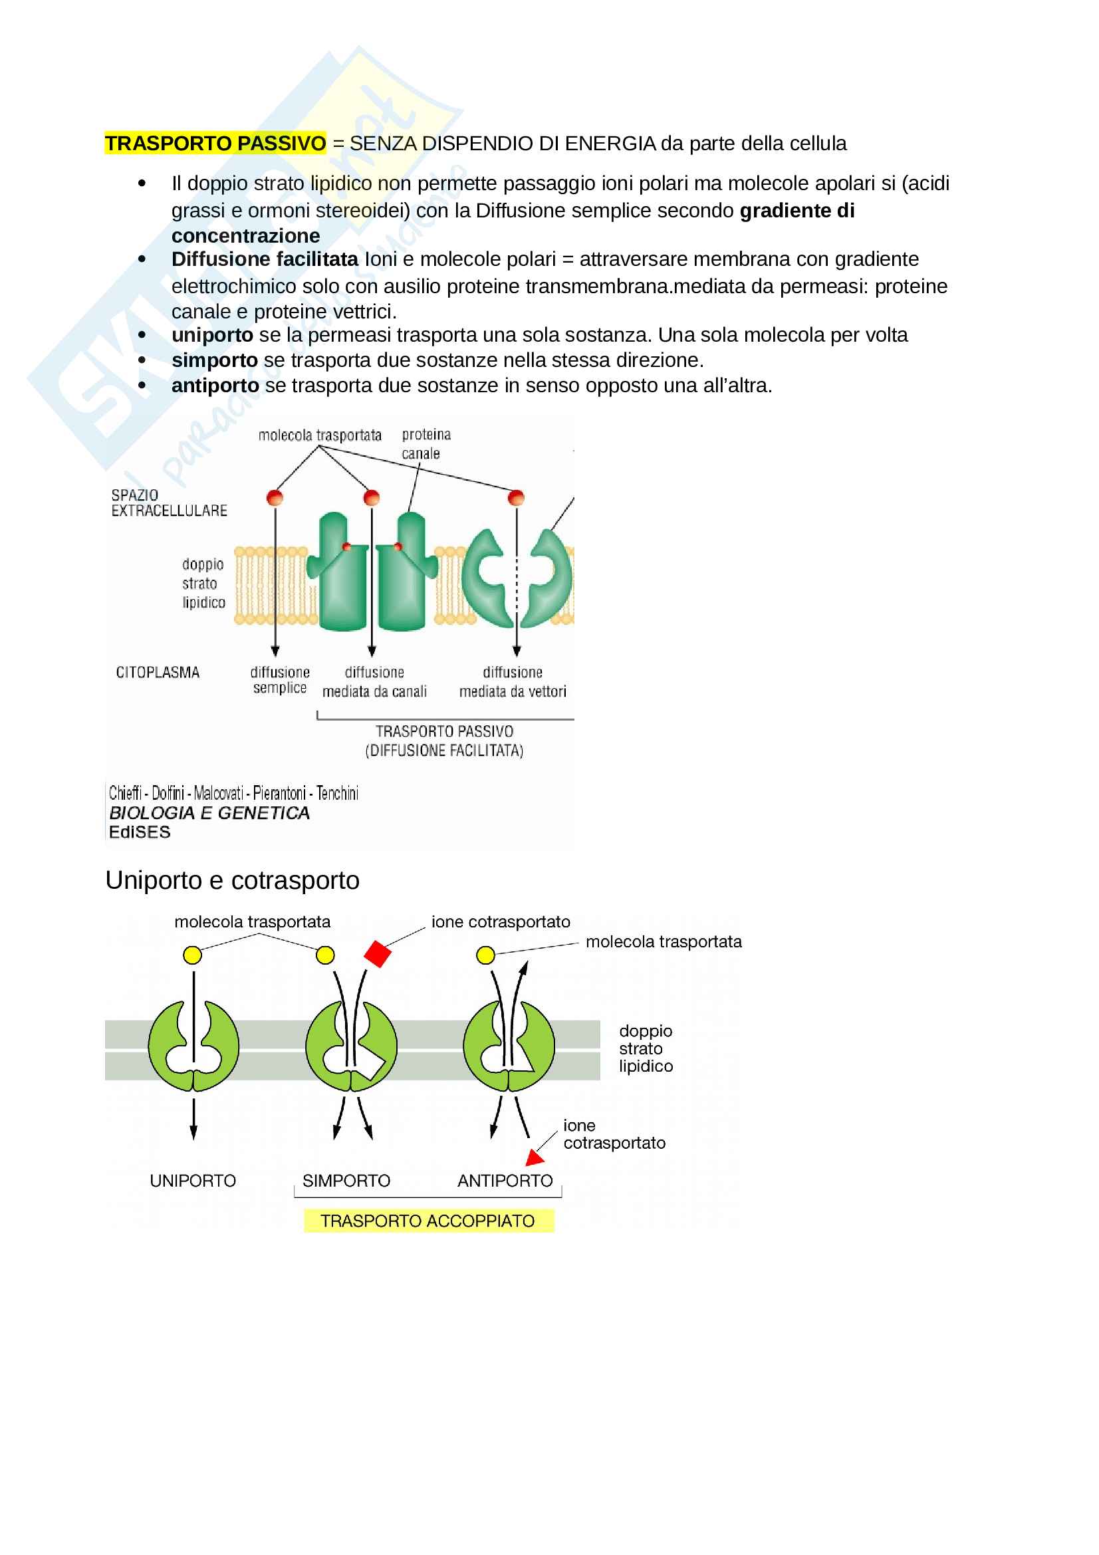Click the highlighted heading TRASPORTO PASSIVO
(x=215, y=144)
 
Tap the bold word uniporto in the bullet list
(x=212, y=335)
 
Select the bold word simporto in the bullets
(x=215, y=360)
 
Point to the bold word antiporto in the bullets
(x=215, y=386)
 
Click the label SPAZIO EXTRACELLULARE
(x=169, y=503)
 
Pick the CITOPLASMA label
(x=158, y=673)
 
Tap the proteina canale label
(x=426, y=444)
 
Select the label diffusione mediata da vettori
(x=513, y=682)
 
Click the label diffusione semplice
(x=280, y=680)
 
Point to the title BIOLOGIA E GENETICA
(x=209, y=813)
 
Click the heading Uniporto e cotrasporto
(x=232, y=880)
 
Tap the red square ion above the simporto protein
(x=377, y=953)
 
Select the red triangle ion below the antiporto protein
(x=536, y=1158)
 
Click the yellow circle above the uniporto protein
(x=192, y=955)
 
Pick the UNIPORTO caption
(x=193, y=1181)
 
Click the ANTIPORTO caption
(x=505, y=1181)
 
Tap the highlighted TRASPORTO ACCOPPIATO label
(x=428, y=1221)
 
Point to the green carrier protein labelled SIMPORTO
(x=351, y=1047)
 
